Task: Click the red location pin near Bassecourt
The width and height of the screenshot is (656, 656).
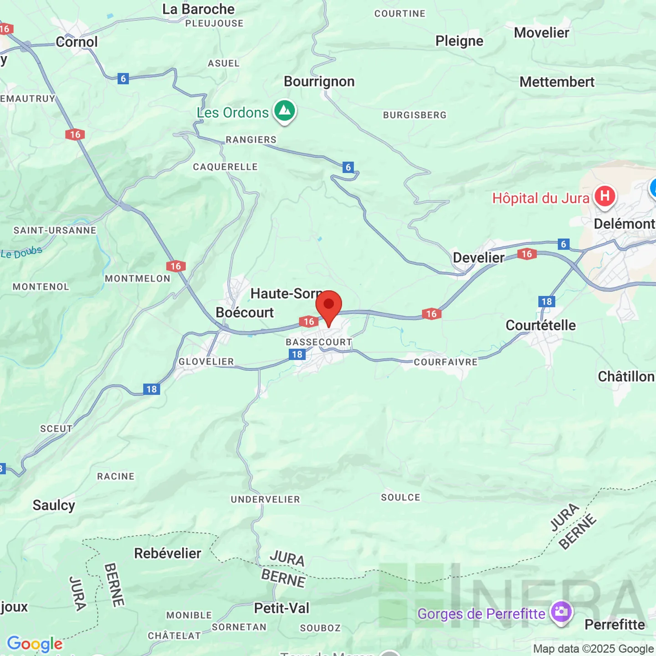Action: click(328, 305)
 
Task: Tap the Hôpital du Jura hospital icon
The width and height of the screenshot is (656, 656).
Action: click(605, 196)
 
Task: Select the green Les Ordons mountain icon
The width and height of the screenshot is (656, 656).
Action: click(285, 110)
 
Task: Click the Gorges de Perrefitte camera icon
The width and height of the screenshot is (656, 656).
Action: click(561, 611)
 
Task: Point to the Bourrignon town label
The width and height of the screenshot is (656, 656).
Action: click(319, 82)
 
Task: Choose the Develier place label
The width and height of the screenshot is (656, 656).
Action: click(478, 258)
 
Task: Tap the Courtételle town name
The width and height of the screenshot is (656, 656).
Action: click(540, 325)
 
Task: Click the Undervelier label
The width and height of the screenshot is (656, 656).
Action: click(265, 499)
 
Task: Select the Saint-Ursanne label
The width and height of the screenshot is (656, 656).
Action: click(55, 231)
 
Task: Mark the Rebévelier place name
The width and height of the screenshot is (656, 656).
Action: click(167, 553)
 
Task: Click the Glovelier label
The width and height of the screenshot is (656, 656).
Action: click(206, 362)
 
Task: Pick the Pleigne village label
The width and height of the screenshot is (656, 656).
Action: click(459, 41)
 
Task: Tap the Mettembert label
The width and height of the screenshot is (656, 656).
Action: click(557, 82)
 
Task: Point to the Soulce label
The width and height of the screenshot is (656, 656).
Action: click(400, 497)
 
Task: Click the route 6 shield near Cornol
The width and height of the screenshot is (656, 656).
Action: click(123, 78)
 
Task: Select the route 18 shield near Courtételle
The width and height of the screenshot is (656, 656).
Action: click(547, 302)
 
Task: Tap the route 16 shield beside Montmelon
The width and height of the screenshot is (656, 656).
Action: click(176, 266)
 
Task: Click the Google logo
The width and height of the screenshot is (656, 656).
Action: click(35, 644)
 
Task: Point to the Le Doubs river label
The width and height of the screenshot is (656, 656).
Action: click(22, 252)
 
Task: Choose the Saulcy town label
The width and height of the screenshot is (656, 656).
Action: click(54, 505)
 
